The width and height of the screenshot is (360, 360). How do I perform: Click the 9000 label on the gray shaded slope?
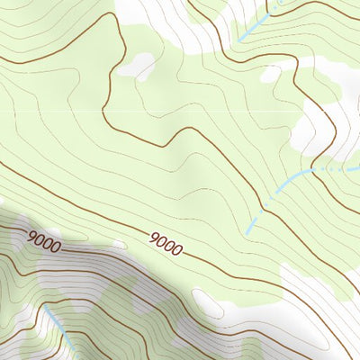click(43, 241)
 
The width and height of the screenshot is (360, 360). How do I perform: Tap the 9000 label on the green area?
click(166, 242)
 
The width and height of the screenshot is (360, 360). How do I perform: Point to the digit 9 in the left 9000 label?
click(31, 238)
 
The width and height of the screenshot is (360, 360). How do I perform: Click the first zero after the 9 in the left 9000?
click(40, 240)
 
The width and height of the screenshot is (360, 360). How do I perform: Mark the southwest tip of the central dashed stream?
click(247, 233)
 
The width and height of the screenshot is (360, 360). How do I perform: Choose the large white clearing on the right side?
click(324, 126)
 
